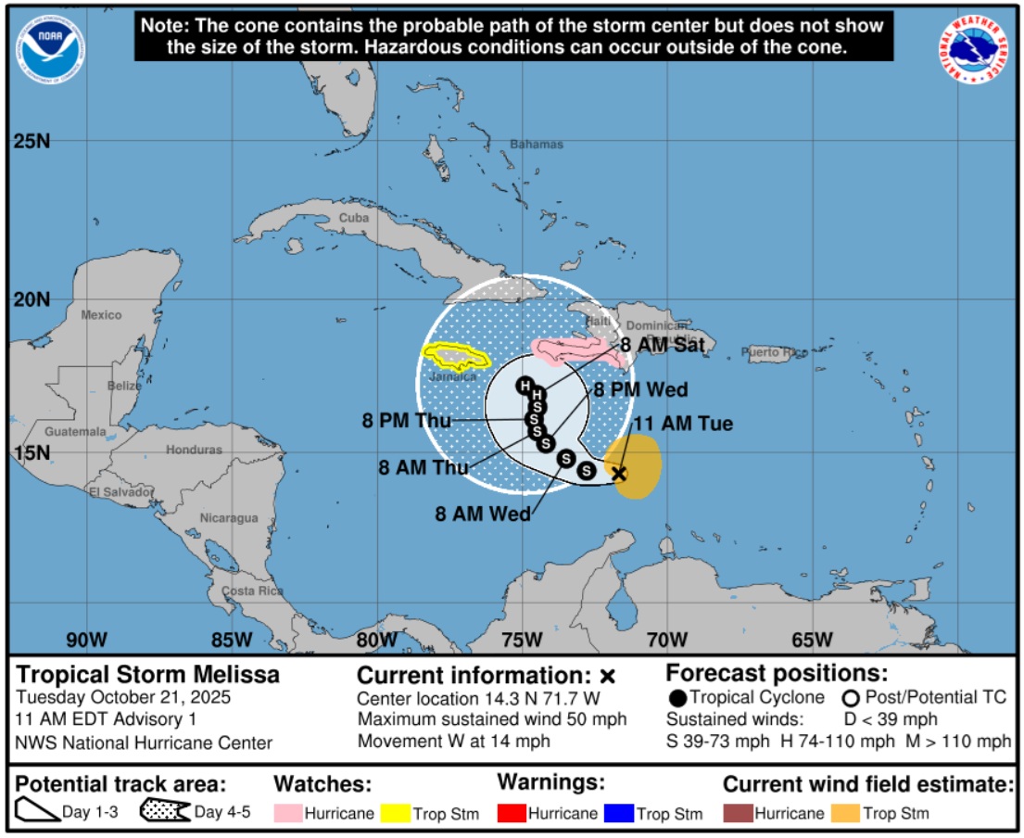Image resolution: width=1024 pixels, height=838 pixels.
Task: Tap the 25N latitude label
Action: click(x=32, y=142)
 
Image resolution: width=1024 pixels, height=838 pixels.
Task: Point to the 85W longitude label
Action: click(x=232, y=640)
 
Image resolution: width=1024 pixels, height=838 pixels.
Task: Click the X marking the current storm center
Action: click(x=619, y=474)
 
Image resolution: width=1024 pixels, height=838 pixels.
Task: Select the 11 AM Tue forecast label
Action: click(x=682, y=424)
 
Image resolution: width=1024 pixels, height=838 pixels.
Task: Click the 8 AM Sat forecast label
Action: click(x=663, y=345)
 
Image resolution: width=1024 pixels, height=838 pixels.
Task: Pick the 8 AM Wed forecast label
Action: click(x=483, y=513)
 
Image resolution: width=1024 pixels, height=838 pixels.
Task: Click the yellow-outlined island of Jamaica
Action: click(x=455, y=356)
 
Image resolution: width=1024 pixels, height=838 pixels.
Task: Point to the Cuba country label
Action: click(x=354, y=218)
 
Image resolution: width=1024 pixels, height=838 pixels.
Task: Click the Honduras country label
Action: click(x=194, y=450)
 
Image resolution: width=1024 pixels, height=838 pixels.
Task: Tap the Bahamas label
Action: click(x=537, y=145)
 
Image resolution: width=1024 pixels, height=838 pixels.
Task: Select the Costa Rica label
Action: click(x=252, y=590)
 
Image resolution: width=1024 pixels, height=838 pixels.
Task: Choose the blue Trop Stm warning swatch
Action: click(x=618, y=813)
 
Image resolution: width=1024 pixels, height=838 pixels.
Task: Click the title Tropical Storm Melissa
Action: click(x=147, y=674)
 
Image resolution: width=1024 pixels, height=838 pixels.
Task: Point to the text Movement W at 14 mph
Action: click(x=454, y=740)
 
